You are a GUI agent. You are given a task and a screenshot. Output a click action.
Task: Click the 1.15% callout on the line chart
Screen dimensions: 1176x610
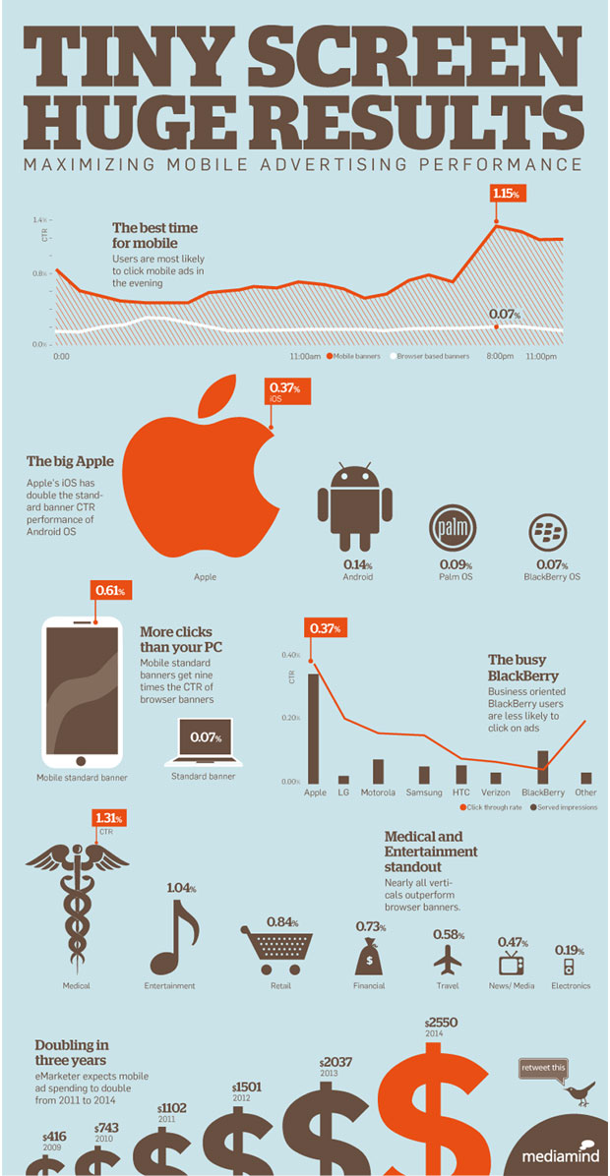[x=504, y=195]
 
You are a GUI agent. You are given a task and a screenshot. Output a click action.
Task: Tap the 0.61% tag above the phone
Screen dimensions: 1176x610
[x=110, y=591]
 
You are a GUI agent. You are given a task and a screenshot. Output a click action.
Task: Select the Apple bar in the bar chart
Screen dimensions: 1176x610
[x=314, y=727]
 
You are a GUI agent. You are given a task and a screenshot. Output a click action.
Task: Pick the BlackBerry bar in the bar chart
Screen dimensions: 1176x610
[x=542, y=765]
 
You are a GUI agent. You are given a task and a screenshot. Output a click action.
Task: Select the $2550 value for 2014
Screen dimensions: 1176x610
[x=440, y=1023]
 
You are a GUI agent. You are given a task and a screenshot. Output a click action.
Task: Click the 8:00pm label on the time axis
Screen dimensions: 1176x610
[x=502, y=356]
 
